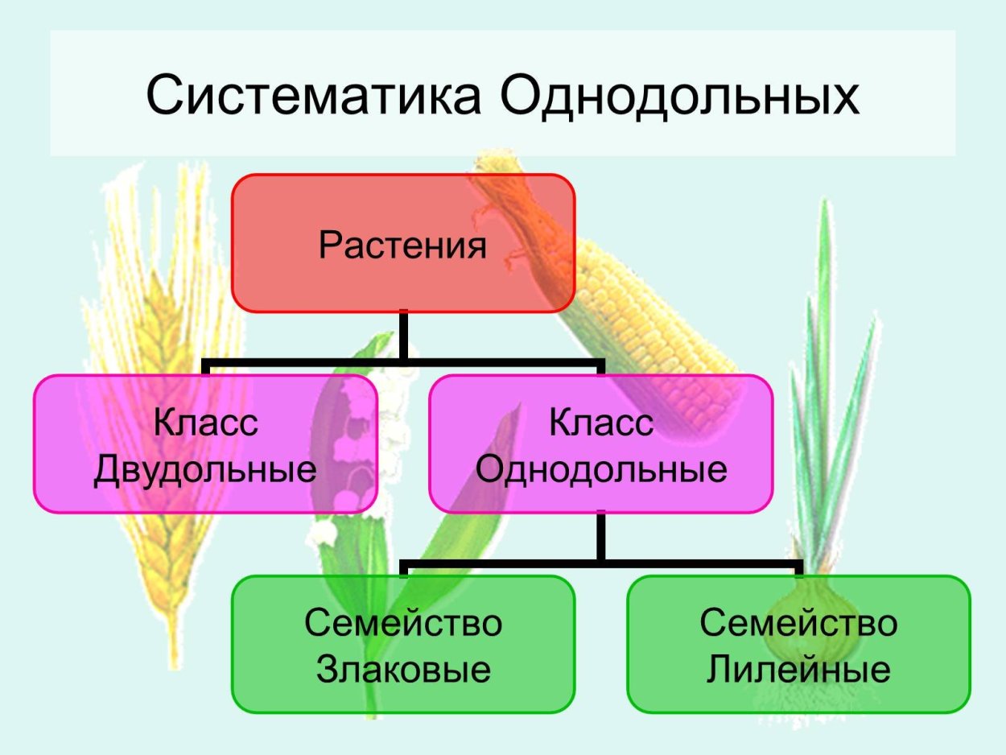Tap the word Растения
(402, 245)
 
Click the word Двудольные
(205, 469)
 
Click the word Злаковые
(403, 669)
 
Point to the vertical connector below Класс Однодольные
(600, 535)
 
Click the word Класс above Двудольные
(206, 423)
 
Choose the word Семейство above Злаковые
(403, 623)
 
